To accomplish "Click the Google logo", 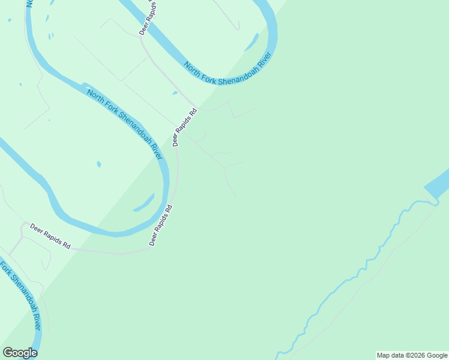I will (20, 353).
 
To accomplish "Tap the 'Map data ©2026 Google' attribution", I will (412, 355).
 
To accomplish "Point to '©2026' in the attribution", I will (412, 355).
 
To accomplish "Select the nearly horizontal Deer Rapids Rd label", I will (50, 237).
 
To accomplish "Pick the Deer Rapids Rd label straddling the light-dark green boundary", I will (185, 127).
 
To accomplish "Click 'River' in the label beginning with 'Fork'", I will (34, 318).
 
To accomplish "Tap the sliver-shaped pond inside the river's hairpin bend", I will (143, 202).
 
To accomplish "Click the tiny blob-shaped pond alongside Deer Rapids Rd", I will (175, 93).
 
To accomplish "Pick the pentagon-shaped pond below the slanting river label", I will (98, 164).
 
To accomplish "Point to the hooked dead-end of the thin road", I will (238, 26).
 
